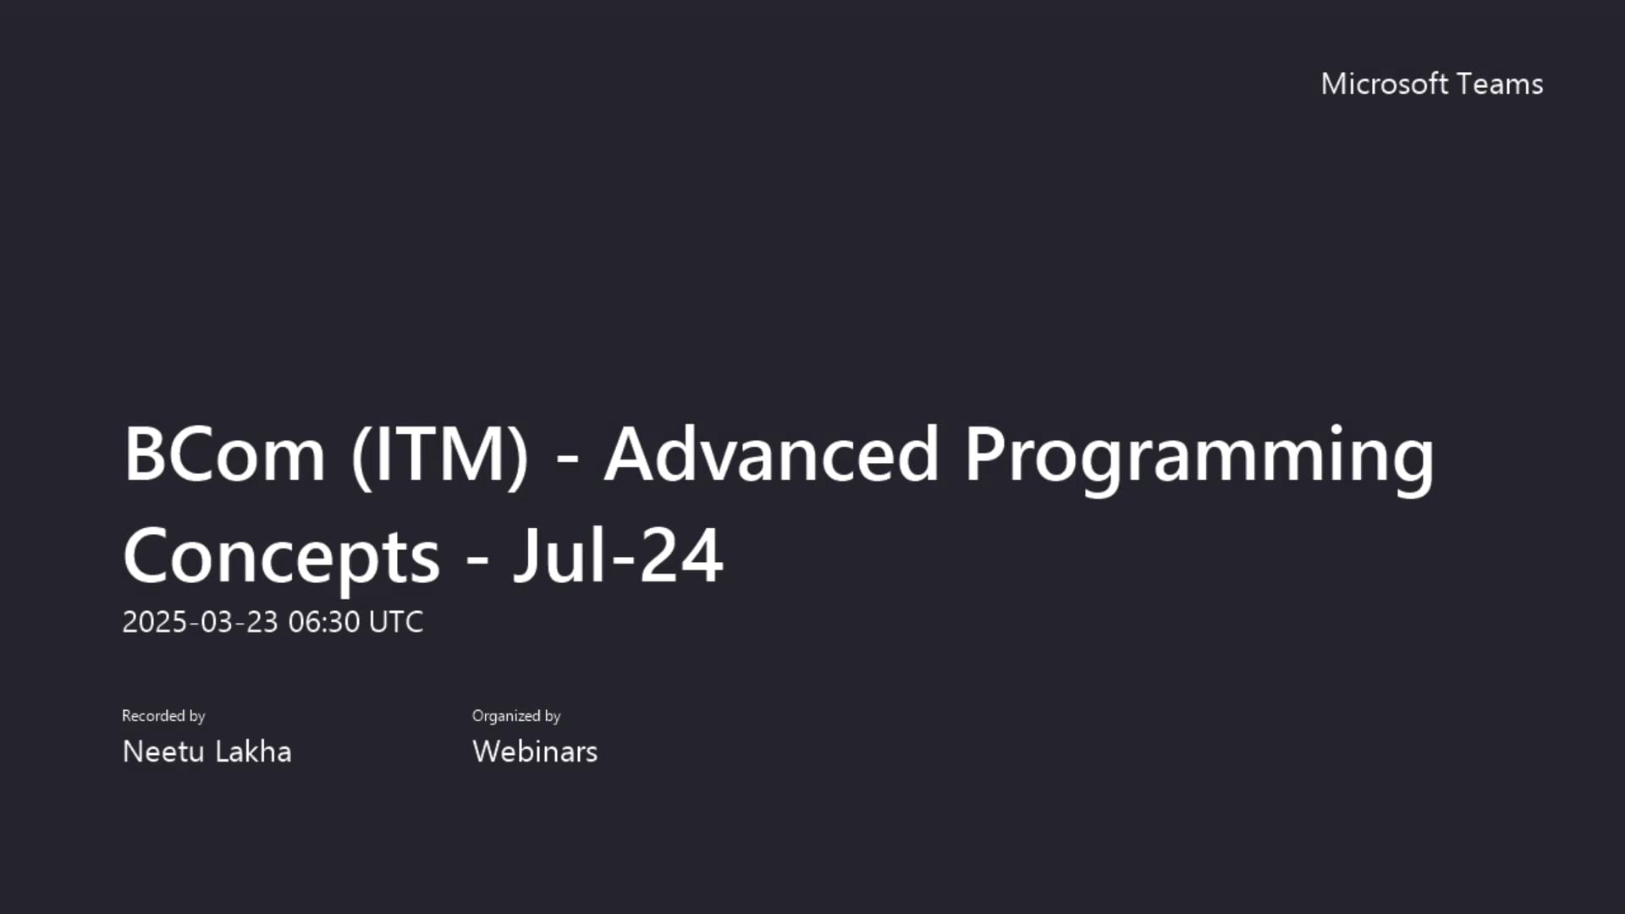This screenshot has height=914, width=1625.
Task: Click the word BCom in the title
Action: point(224,454)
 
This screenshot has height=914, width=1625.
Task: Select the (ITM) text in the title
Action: point(440,454)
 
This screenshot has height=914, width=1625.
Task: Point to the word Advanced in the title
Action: point(771,454)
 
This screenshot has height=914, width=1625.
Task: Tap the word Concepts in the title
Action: point(281,557)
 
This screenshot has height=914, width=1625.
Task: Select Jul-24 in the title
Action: point(618,555)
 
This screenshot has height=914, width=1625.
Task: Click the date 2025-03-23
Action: point(200,622)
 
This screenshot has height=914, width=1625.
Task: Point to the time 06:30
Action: point(324,622)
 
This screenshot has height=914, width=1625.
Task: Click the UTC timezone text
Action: point(396,622)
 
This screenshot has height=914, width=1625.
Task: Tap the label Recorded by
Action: point(163,716)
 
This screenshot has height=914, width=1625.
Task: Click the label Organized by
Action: point(516,716)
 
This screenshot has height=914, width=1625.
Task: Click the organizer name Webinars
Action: point(535,752)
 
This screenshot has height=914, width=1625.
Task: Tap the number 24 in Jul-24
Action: point(680,555)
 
